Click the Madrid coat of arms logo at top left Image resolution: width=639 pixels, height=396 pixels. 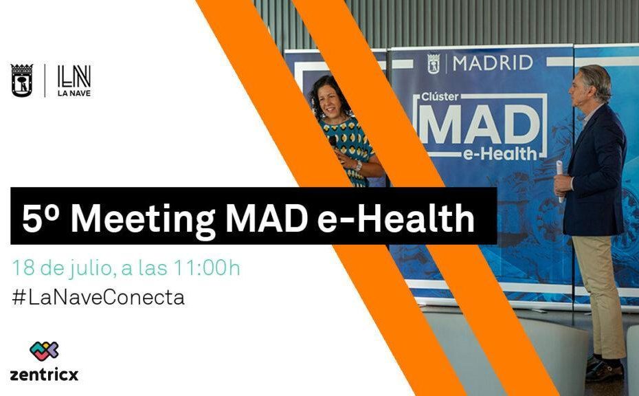coord(22,80)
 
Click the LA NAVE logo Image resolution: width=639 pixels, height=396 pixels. coord(74,80)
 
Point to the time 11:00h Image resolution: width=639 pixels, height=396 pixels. coord(208,267)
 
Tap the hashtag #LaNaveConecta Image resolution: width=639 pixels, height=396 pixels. coord(98,297)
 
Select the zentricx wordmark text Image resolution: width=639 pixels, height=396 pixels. coord(44,375)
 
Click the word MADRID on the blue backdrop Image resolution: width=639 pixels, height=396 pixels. coord(493,63)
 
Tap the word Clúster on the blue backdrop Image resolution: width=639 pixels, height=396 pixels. coord(440,97)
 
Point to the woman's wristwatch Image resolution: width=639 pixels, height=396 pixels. coord(358,166)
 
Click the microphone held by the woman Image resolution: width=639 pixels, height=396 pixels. coord(333,143)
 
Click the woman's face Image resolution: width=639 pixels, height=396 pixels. coord(329,102)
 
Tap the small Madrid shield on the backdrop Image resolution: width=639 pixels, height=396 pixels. coord(434,64)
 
